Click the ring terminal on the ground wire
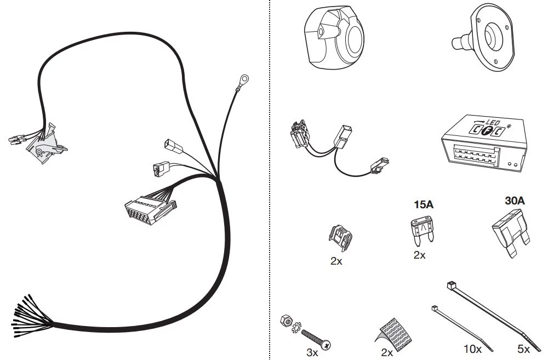pos(244,79)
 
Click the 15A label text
pos(424,204)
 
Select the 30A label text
pos(515,201)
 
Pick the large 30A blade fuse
pos(511,233)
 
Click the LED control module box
pos(484,143)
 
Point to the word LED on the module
pos(493,123)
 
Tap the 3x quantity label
pos(312,352)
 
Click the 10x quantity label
pos(472,349)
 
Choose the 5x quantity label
pos(523,349)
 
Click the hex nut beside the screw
pos(286,320)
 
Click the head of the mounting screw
pos(327,345)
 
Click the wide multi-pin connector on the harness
pos(150,209)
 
